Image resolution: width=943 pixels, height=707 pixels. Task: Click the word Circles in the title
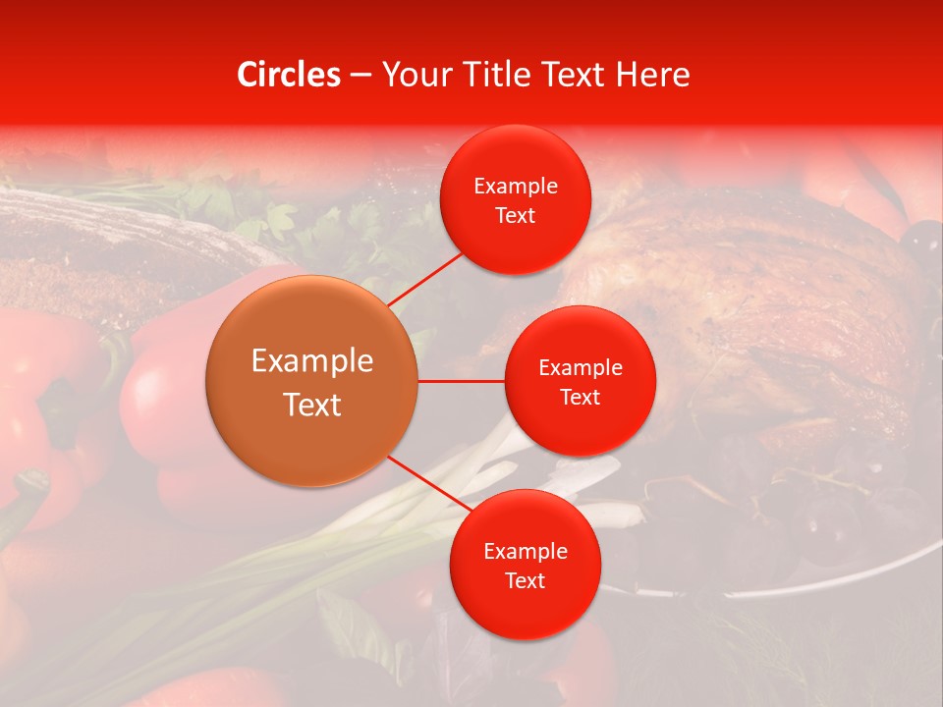pos(289,75)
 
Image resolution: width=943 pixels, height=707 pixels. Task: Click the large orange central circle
pos(312,382)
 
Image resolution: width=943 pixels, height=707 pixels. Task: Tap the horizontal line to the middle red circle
pos(462,381)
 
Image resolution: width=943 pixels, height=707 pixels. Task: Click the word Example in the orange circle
pos(312,361)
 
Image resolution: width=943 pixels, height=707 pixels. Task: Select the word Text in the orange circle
pos(312,405)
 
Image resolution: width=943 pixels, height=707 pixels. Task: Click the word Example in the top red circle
pos(516,187)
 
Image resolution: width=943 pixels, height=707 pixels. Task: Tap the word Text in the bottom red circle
pos(526,580)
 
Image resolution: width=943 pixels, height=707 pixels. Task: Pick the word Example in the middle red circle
pos(581,368)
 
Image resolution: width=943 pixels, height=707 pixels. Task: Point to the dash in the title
pos(361,75)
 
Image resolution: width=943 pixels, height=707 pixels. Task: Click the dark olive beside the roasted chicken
pos(921,236)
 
